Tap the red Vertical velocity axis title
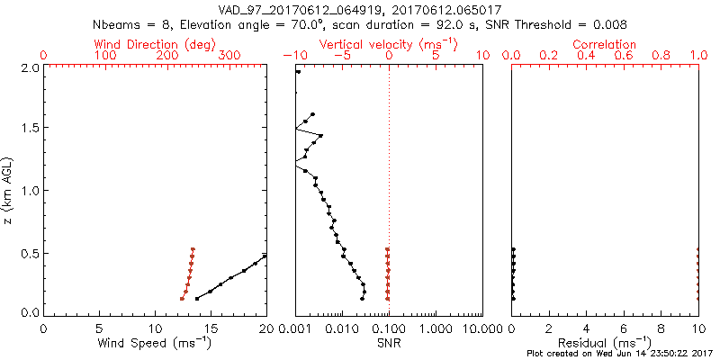point(389,44)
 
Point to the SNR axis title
point(389,343)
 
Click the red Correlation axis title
point(605,44)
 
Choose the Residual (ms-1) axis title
point(605,343)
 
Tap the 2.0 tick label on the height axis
point(30,67)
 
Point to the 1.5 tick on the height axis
point(30,129)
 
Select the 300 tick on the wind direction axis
point(230,56)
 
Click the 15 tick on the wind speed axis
point(211,329)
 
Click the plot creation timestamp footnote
point(622,354)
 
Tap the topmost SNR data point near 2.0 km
point(298,72)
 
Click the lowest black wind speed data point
point(197,298)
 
